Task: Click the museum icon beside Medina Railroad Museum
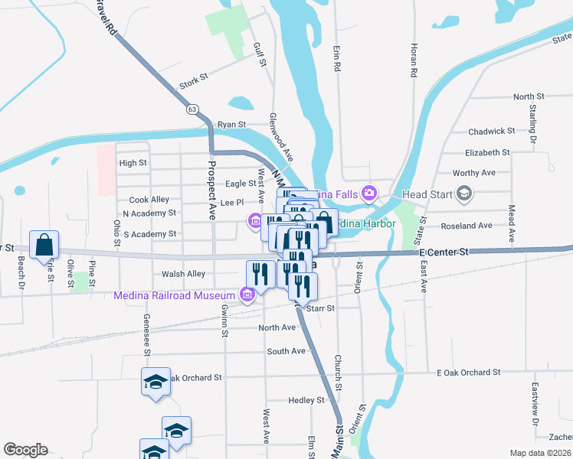(x=247, y=294)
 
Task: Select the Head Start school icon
(x=463, y=194)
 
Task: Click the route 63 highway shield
(x=192, y=109)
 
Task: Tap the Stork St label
(x=193, y=78)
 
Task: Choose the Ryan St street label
(x=231, y=124)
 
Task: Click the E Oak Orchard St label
(x=468, y=373)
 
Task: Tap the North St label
(x=529, y=97)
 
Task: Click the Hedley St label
(x=306, y=401)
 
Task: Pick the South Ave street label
(x=286, y=351)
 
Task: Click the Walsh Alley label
(x=184, y=274)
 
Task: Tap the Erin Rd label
(x=336, y=57)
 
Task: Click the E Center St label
(x=443, y=252)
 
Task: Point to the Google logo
(x=25, y=450)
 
